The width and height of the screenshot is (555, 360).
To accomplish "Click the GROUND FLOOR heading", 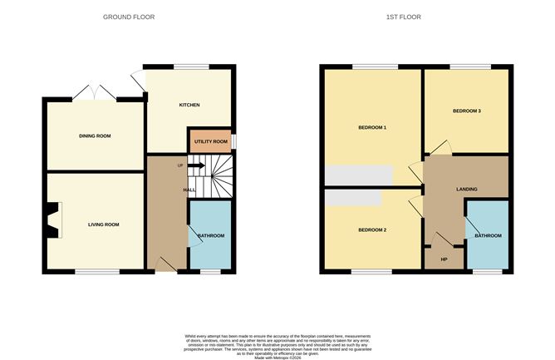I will click(x=129, y=17).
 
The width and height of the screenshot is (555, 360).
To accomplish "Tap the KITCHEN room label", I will click(x=189, y=106).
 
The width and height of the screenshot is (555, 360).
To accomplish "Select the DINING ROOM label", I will click(x=95, y=136).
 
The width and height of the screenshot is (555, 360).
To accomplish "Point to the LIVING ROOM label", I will click(x=104, y=224).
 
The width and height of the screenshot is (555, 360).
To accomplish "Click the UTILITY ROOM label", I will click(x=210, y=142).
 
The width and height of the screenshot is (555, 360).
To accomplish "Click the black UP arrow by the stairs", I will click(x=195, y=165).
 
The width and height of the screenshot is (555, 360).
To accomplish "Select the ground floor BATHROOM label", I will click(x=210, y=236).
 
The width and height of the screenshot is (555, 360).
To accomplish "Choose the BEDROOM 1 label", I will click(x=372, y=127).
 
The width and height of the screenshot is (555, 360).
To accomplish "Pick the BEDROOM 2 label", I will click(x=372, y=229).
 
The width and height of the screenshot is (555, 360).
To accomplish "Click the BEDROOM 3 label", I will click(x=467, y=111).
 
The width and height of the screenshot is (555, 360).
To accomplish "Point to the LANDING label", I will click(x=467, y=190).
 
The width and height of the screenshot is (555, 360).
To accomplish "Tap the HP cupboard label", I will click(x=444, y=259).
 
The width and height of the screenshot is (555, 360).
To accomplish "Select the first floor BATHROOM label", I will click(x=488, y=236).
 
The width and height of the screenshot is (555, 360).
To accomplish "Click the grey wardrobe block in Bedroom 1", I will click(x=358, y=175).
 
